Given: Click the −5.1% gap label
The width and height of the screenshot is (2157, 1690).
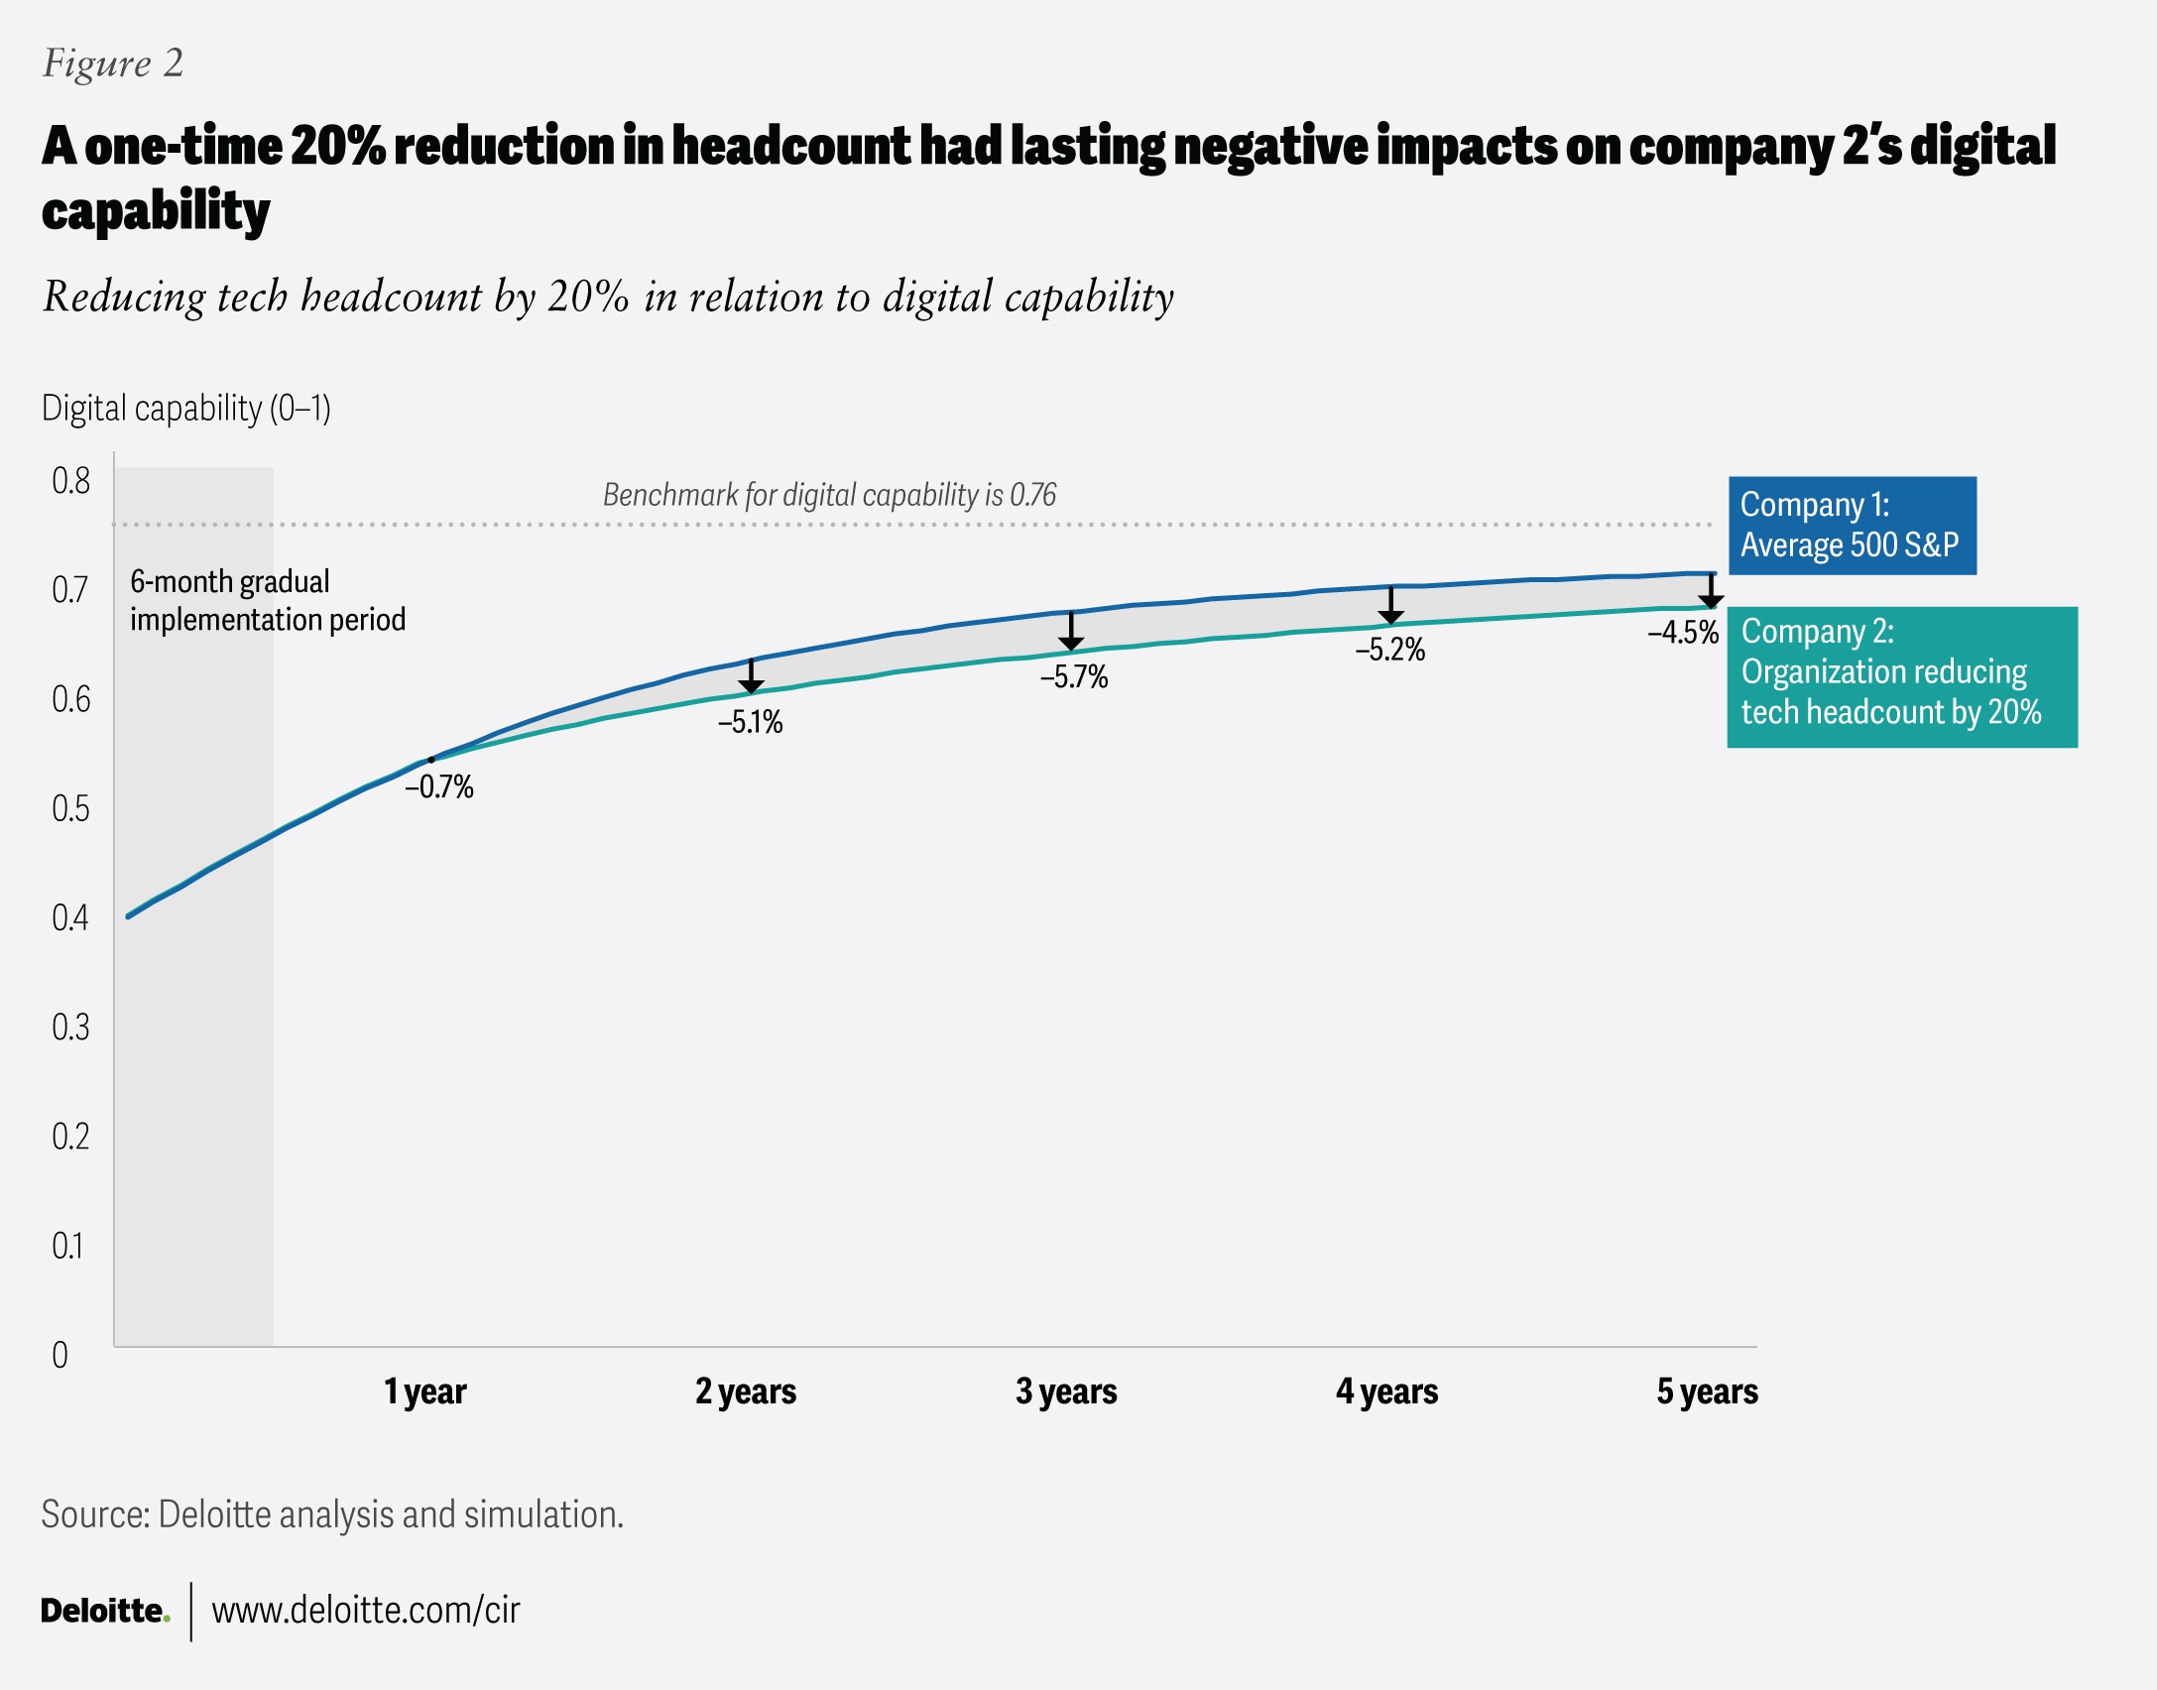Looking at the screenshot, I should [750, 722].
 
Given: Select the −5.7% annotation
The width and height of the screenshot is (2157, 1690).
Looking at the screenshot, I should [1073, 677].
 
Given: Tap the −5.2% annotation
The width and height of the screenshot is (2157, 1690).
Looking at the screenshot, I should [1389, 650].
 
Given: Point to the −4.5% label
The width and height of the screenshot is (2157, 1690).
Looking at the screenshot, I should [1682, 632].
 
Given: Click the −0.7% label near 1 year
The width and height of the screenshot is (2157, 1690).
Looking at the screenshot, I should [438, 786].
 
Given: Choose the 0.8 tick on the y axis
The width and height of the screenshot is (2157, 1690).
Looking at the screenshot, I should [70, 481].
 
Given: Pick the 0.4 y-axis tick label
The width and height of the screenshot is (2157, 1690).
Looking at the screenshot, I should [70, 917].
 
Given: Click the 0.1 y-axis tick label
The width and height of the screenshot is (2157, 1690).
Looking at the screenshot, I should [67, 1246].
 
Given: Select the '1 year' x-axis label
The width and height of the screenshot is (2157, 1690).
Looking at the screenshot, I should [424, 1391].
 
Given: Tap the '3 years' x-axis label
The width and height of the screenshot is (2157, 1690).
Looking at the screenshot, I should [1066, 1391].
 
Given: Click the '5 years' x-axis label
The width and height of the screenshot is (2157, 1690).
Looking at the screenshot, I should [1707, 1391].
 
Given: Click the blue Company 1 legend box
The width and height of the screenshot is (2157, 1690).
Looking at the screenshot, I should [1852, 526].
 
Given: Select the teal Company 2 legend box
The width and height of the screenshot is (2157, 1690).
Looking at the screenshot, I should [1901, 676].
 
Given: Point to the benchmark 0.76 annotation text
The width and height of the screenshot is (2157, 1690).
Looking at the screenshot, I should [829, 495].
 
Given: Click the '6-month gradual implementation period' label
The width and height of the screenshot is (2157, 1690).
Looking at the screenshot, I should [267, 600].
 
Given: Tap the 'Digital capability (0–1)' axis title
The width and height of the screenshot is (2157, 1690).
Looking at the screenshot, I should [185, 408].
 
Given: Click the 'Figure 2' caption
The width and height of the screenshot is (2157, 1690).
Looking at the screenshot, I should [113, 63].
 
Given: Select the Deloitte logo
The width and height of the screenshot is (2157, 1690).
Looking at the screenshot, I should [104, 1611].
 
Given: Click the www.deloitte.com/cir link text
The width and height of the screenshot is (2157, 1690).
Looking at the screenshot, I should [365, 1611].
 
